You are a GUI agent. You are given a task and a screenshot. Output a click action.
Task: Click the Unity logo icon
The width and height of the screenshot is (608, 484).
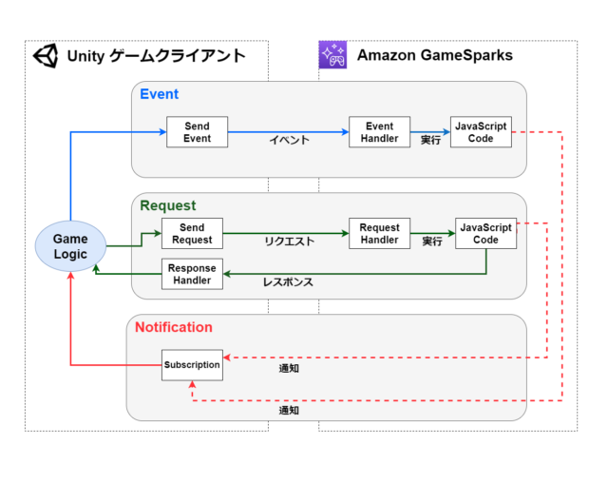pyautogui.click(x=47, y=56)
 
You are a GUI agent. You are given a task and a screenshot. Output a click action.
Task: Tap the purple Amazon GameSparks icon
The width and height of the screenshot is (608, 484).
pyautogui.click(x=332, y=55)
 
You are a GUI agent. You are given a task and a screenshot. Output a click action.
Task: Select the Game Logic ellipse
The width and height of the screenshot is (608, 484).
pyautogui.click(x=70, y=246)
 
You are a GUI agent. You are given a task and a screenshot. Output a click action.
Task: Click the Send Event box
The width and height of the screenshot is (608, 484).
pyautogui.click(x=197, y=132)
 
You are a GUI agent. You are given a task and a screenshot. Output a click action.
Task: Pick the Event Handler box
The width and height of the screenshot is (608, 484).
pyautogui.click(x=380, y=132)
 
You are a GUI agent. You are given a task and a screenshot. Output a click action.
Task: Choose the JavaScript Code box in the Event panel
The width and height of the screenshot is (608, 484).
pyautogui.click(x=481, y=132)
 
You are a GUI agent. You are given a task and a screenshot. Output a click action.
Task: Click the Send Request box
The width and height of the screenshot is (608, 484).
pyautogui.click(x=192, y=233)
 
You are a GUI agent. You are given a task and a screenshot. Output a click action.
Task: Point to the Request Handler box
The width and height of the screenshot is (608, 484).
pyautogui.click(x=380, y=233)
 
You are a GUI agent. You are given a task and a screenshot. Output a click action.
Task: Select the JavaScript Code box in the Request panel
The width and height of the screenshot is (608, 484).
pyautogui.click(x=485, y=233)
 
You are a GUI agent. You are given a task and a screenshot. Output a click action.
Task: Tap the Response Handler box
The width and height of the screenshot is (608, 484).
pyautogui.click(x=192, y=274)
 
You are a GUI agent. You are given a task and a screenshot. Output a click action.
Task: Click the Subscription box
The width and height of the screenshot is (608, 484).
pyautogui.click(x=192, y=365)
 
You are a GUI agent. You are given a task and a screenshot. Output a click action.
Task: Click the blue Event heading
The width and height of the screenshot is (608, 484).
pyautogui.click(x=160, y=94)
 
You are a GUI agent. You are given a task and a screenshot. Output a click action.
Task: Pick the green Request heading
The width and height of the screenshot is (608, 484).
pyautogui.click(x=168, y=205)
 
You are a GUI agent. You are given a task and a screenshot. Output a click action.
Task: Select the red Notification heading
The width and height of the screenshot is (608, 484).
pyautogui.click(x=174, y=327)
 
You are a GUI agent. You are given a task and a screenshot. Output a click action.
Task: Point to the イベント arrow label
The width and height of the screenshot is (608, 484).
pyautogui.click(x=289, y=140)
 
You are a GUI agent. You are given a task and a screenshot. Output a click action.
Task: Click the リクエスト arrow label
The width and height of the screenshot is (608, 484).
pyautogui.click(x=289, y=242)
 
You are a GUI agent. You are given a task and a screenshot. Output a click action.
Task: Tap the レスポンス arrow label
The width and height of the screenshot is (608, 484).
pyautogui.click(x=288, y=282)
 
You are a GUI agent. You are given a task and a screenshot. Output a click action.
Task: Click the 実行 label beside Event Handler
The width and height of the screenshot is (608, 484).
pyautogui.click(x=430, y=140)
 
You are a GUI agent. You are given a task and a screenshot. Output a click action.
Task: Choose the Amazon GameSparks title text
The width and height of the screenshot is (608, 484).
pyautogui.click(x=435, y=55)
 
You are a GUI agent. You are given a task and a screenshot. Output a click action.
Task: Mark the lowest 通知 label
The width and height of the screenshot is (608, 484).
pyautogui.click(x=289, y=410)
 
